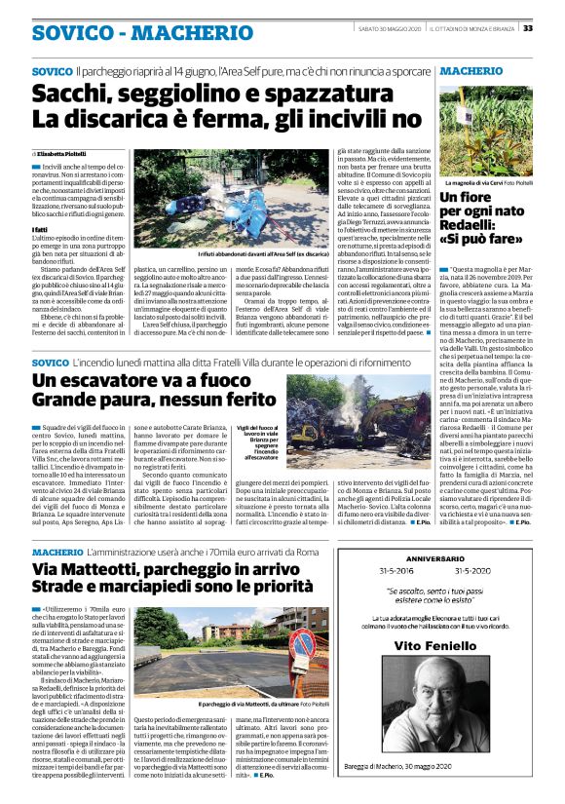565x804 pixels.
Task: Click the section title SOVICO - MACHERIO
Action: (x=115, y=31)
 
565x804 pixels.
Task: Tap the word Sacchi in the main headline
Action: (x=74, y=96)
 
